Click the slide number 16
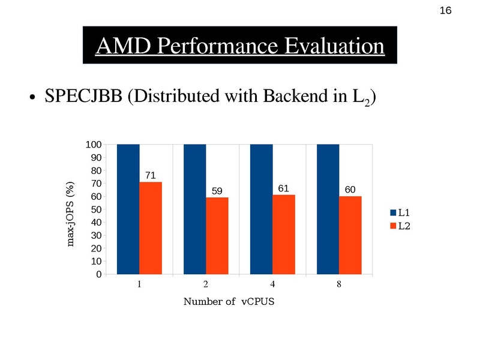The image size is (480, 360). (445, 11)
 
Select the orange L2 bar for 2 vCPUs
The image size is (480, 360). (217, 236)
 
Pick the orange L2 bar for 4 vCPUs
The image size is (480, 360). (284, 235)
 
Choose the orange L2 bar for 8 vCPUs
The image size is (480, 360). (350, 235)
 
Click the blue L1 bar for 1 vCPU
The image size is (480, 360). (128, 209)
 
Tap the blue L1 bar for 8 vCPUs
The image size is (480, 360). (328, 209)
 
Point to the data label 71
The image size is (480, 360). (151, 175)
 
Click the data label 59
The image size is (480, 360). (217, 191)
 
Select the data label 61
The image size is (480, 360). (284, 188)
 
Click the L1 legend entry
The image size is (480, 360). (400, 212)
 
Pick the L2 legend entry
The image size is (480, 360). (400, 226)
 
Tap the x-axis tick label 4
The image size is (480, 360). (272, 284)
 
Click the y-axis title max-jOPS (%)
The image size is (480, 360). (71, 214)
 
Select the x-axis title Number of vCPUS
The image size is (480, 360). (228, 301)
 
